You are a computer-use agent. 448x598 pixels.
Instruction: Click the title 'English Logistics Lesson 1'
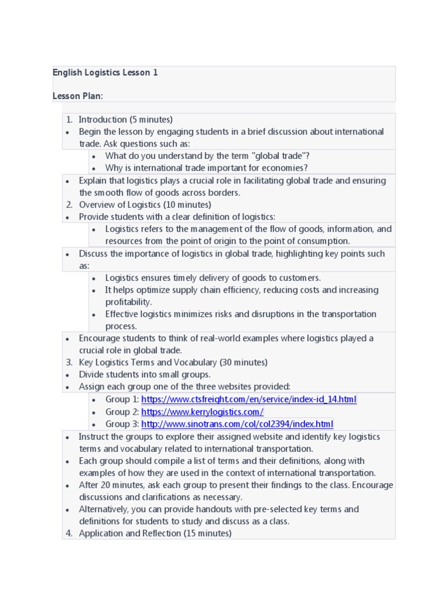click(105, 73)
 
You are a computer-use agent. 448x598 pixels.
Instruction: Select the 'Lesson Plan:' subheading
click(78, 96)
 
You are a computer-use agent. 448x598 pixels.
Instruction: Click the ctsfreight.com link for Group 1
click(249, 399)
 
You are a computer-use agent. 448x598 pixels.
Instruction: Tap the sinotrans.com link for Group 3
click(237, 424)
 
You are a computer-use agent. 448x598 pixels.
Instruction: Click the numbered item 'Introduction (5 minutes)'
click(125, 120)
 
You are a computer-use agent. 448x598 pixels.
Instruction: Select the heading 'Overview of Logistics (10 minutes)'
click(145, 205)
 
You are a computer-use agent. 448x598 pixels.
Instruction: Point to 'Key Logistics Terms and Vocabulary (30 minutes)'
click(173, 363)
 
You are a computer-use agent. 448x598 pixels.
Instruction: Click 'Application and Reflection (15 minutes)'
click(155, 533)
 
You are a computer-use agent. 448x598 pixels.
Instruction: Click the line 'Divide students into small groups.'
click(145, 375)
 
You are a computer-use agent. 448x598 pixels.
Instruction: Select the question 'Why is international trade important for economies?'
click(206, 168)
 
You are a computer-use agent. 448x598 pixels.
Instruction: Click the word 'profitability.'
click(128, 302)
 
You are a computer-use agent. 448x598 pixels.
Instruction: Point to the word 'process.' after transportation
click(121, 326)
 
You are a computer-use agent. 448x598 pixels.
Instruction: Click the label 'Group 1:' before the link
click(122, 399)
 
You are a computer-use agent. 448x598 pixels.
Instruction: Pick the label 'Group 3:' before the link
click(122, 424)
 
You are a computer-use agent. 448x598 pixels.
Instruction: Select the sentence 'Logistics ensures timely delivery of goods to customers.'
click(213, 278)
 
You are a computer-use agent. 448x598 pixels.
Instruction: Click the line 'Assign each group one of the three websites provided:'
click(184, 387)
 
